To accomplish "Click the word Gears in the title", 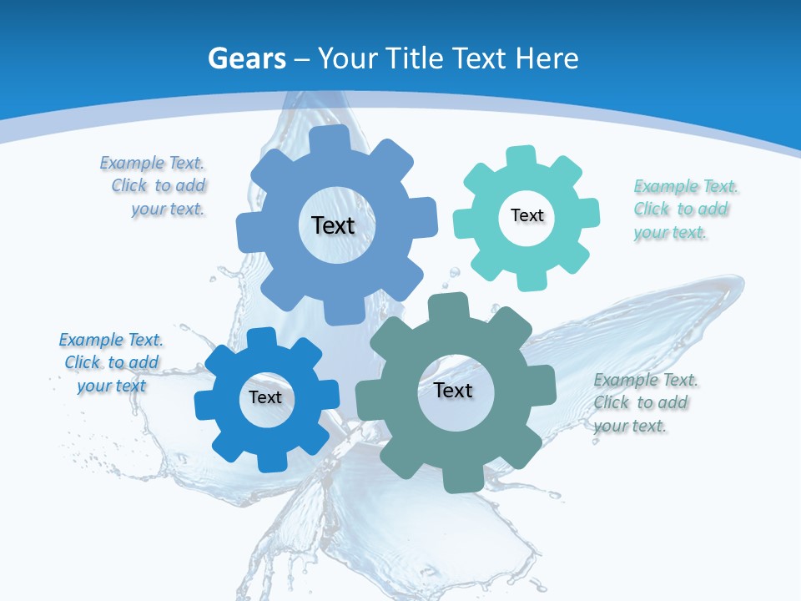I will pos(247,58).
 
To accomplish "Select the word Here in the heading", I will pos(547,58).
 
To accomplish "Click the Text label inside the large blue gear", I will pos(333,225).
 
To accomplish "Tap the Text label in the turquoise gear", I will pos(526,215).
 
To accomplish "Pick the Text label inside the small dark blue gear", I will pos(265,397).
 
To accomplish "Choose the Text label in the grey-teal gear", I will pos(453,390).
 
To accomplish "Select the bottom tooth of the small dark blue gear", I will pos(272,462).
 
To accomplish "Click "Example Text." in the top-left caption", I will pos(152,163).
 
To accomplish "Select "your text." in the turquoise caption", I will pos(670,233).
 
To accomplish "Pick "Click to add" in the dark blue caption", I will pos(112,362).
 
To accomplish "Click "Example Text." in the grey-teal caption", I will pos(646,380).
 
